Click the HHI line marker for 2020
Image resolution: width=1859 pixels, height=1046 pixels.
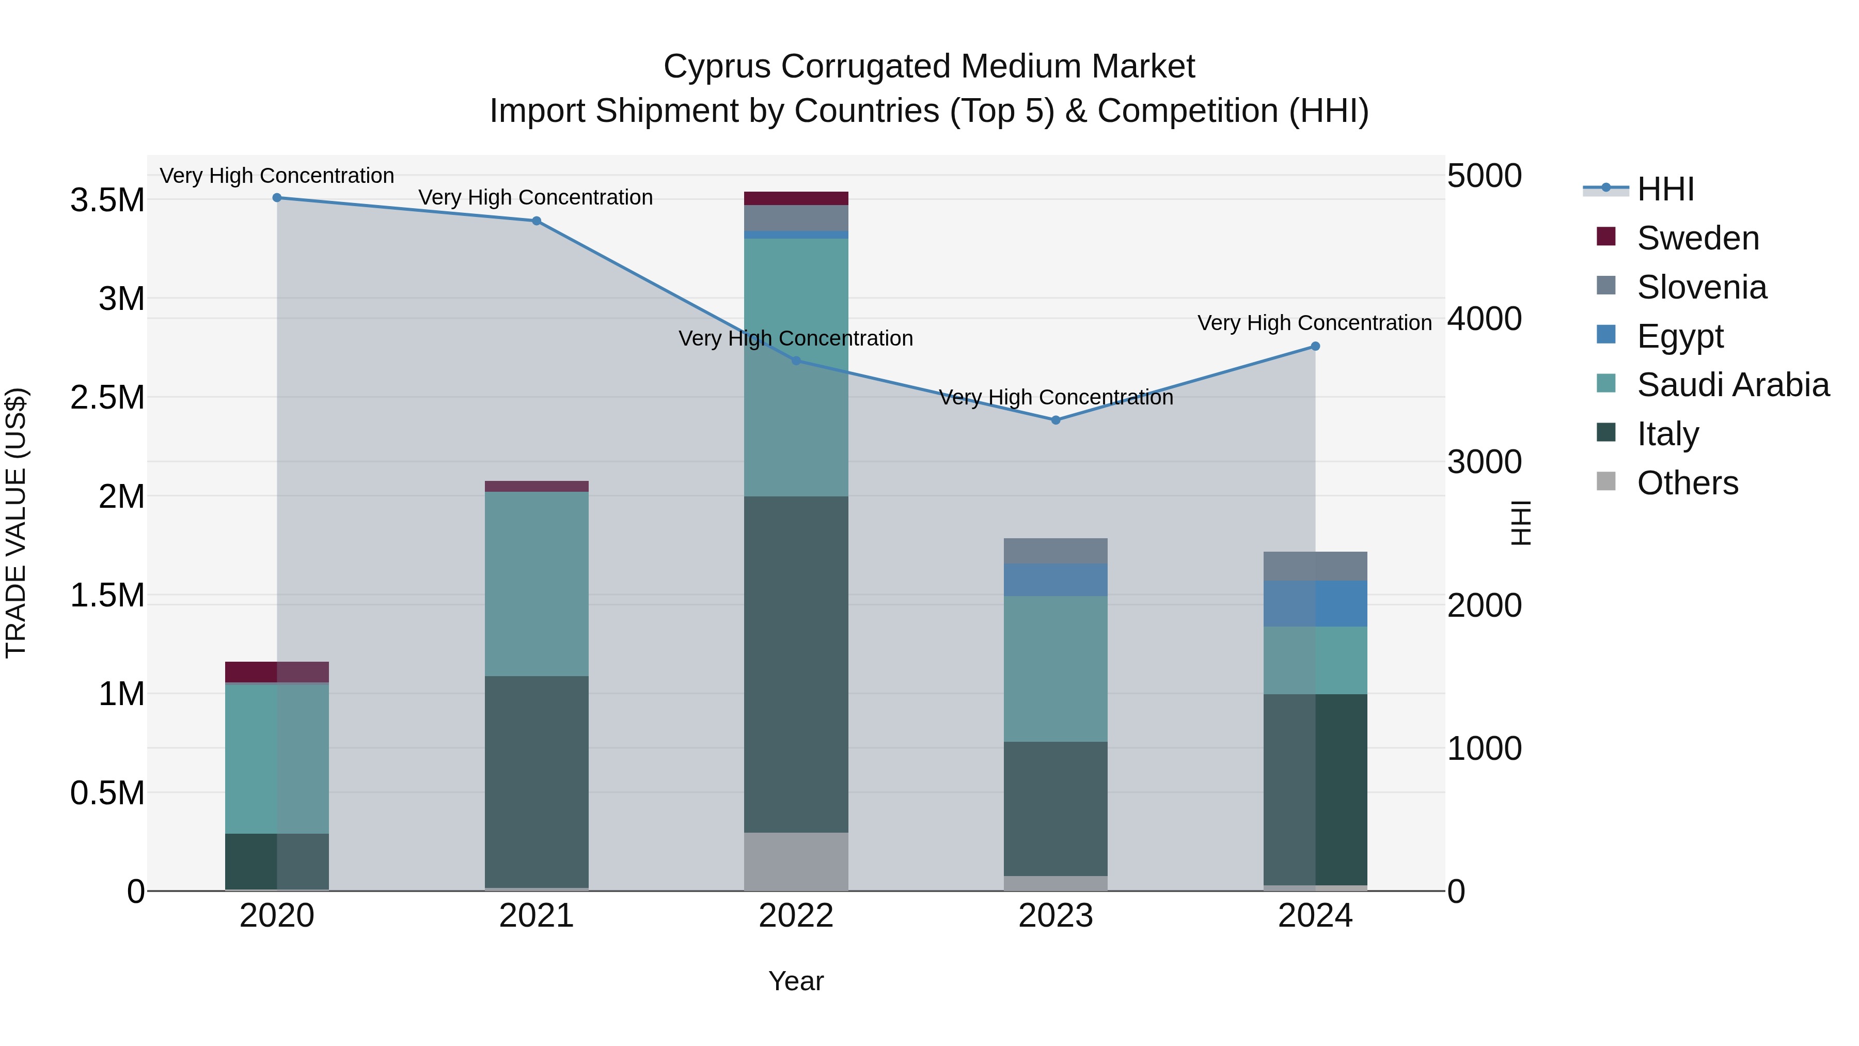(277, 198)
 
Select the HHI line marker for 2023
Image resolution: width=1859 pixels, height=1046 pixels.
(1056, 420)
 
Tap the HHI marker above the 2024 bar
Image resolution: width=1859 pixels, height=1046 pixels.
(1315, 347)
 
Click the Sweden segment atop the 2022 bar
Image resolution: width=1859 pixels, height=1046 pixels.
(796, 198)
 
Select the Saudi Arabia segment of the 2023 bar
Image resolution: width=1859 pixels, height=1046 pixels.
(1056, 668)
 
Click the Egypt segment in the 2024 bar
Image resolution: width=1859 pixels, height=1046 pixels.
(1315, 603)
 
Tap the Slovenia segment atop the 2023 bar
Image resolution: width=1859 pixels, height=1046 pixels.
(1056, 551)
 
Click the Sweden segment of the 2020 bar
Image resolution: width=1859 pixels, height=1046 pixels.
(277, 672)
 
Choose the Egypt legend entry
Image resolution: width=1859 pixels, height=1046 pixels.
(1679, 336)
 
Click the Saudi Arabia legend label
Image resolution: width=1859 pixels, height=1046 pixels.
(1732, 385)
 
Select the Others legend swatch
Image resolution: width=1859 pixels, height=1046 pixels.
(1605, 481)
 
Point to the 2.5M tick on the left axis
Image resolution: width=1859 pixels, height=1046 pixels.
(107, 398)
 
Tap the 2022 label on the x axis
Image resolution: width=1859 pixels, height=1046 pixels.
(796, 916)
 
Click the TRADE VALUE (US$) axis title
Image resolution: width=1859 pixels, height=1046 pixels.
(16, 523)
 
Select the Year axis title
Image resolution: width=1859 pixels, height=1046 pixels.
(796, 981)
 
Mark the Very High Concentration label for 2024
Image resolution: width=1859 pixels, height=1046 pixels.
(1314, 323)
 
